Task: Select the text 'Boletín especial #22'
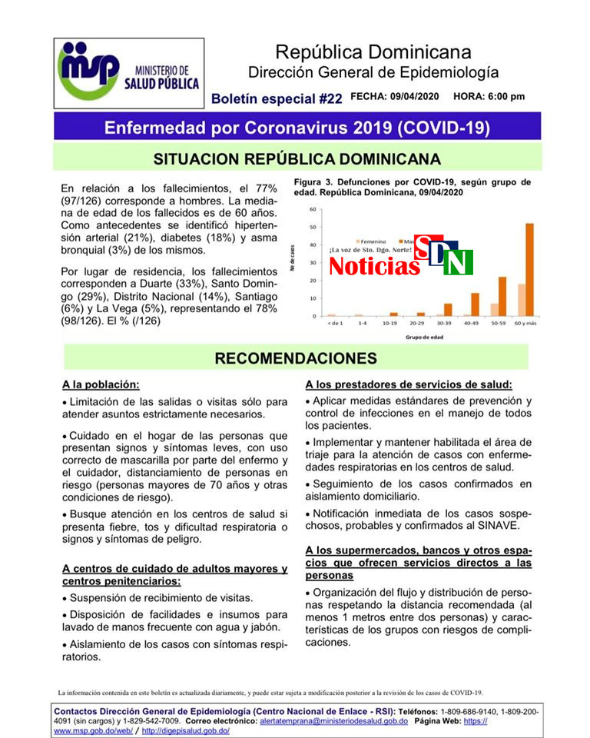[x=277, y=98]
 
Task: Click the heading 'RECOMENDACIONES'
[x=296, y=358]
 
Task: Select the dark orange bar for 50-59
[x=502, y=296]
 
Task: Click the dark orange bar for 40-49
[x=475, y=304]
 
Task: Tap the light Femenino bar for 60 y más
[x=521, y=300]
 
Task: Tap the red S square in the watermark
[x=426, y=246]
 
